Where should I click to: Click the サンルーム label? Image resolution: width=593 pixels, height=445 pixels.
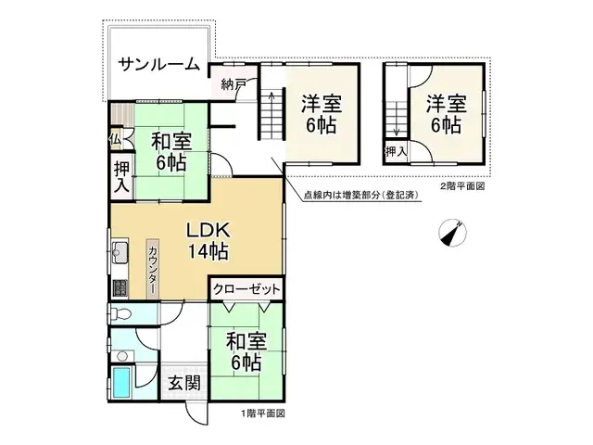tap(159, 64)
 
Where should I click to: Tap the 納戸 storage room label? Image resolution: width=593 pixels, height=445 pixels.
tap(233, 84)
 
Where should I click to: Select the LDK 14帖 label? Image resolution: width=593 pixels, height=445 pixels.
tap(208, 241)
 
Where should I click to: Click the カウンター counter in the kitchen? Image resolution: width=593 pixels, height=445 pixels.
tap(152, 269)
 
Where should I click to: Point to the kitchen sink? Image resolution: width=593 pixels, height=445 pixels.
tap(120, 250)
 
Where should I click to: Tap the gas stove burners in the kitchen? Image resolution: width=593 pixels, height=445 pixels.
tap(120, 288)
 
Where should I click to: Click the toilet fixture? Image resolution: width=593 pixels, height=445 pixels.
tap(120, 313)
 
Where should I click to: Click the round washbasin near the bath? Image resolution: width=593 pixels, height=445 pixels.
tap(121, 356)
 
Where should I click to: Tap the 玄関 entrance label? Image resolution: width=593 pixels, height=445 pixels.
tap(184, 384)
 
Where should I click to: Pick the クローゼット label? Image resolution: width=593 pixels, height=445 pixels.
tap(246, 289)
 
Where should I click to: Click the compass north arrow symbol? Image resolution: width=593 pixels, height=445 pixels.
tap(452, 233)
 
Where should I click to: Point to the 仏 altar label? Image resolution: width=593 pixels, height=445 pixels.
tap(115, 140)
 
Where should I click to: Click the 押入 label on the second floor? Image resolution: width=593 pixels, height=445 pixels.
tap(396, 152)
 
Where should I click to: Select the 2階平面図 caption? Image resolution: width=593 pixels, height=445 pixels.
tap(462, 186)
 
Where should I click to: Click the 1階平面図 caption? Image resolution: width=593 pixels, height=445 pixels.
tap(263, 413)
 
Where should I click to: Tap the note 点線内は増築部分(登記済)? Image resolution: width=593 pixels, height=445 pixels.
tap(360, 196)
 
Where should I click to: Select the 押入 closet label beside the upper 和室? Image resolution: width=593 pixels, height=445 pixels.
tap(121, 177)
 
